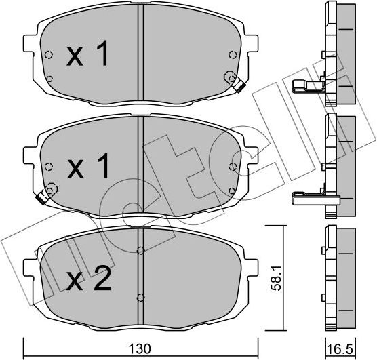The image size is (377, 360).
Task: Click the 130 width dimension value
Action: tap(140, 349)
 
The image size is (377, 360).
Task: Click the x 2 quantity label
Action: tap(89, 278)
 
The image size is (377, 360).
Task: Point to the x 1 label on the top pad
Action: tap(87, 53)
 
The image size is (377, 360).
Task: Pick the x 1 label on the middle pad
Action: tap(88, 165)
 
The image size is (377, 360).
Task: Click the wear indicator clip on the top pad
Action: tap(239, 86)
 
